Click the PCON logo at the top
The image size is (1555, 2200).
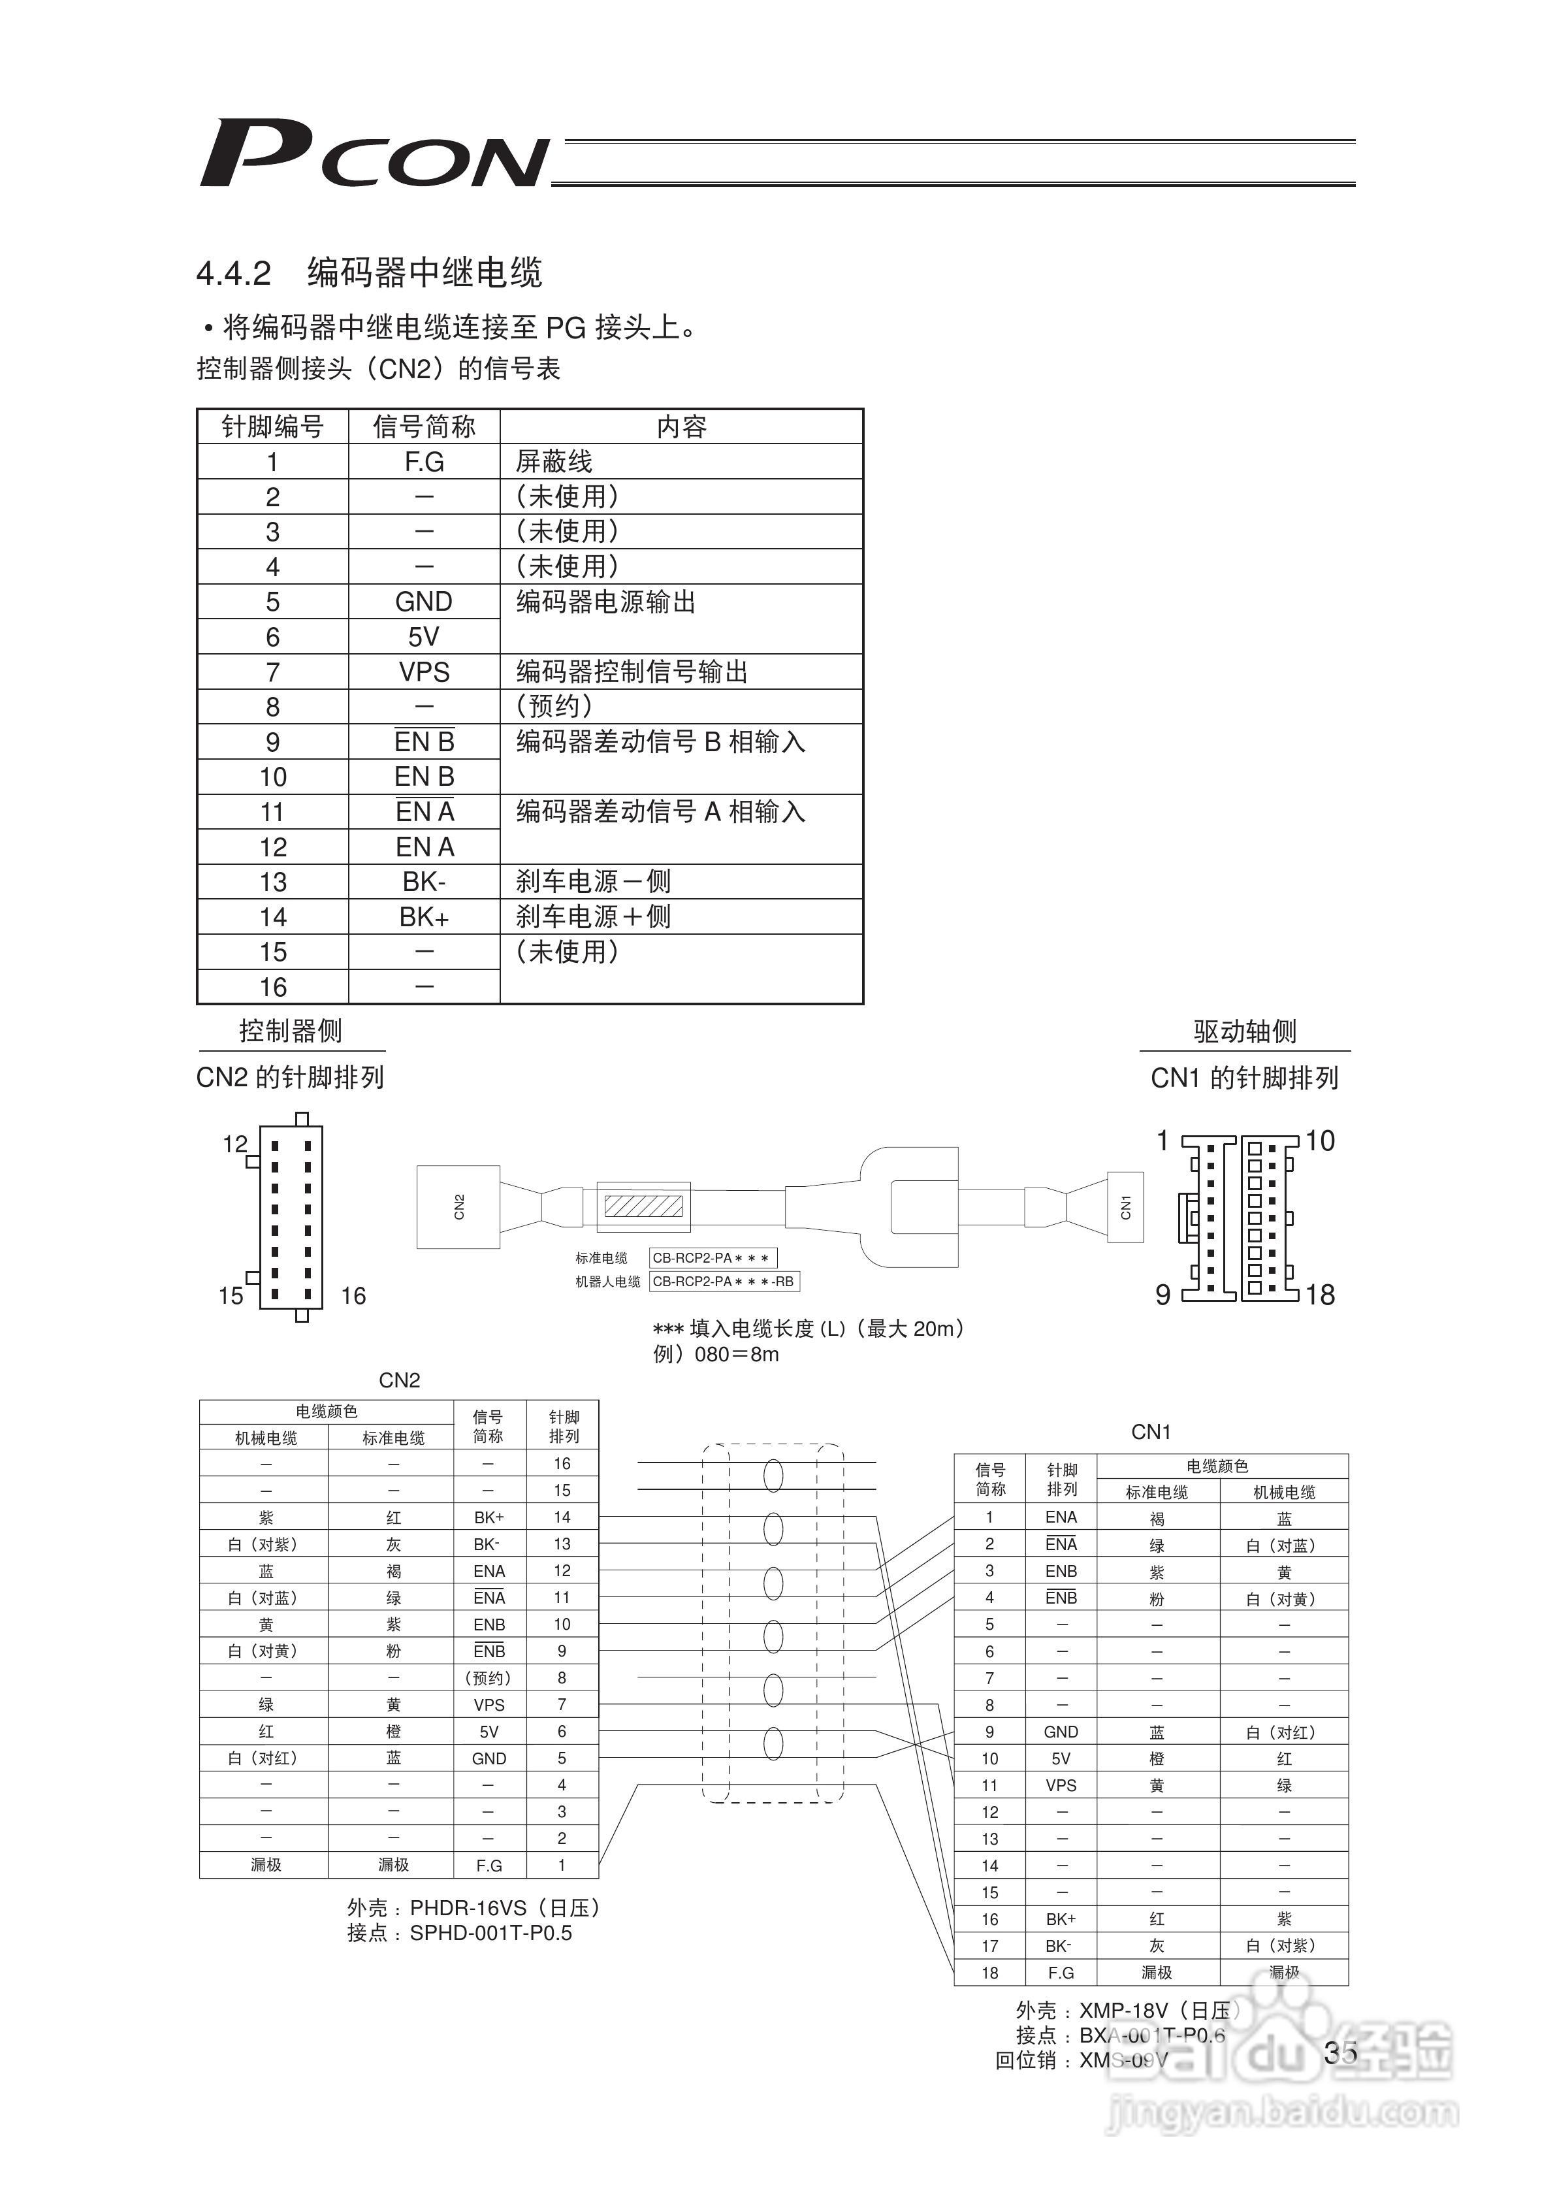click(374, 154)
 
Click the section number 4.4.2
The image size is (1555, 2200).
click(234, 274)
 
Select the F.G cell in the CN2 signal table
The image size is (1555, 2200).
click(423, 462)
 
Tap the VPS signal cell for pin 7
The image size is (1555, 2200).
click(423, 671)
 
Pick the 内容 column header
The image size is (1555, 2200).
click(681, 427)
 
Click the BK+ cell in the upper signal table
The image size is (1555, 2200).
click(423, 917)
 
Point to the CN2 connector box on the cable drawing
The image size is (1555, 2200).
click(458, 1206)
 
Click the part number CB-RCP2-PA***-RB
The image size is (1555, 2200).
click(724, 1281)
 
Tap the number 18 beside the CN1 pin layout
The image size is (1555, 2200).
click(1321, 1295)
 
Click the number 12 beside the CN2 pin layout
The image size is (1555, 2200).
click(234, 1143)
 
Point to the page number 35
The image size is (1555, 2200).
click(1340, 2052)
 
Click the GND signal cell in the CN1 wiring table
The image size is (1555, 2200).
click(1061, 1732)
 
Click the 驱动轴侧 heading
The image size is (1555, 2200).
click(1245, 1032)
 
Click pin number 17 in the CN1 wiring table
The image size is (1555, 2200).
click(989, 1946)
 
